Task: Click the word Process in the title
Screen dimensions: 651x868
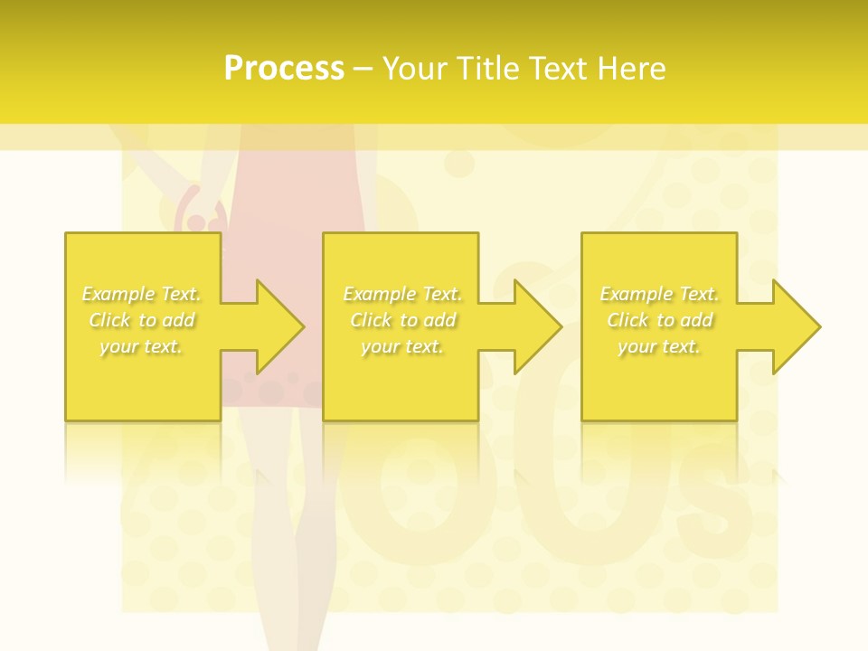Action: pyautogui.click(x=284, y=69)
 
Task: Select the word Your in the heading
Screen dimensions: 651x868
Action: pyautogui.click(x=412, y=69)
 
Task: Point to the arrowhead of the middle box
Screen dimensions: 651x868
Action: pyautogui.click(x=537, y=326)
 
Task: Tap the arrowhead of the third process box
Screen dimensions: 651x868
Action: pyautogui.click(x=796, y=326)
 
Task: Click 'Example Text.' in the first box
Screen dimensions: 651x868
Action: pyautogui.click(x=141, y=294)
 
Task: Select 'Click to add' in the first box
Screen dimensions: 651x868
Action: pyautogui.click(x=141, y=320)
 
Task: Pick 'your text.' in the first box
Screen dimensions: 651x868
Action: pyautogui.click(x=141, y=346)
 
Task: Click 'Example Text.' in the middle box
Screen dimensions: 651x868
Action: pyautogui.click(x=401, y=294)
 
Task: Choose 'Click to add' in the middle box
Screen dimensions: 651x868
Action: pyautogui.click(x=401, y=320)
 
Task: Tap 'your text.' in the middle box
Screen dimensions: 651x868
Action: pyautogui.click(x=401, y=346)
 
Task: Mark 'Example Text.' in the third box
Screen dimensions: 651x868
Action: pyautogui.click(x=659, y=294)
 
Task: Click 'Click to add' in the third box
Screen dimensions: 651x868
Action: pyautogui.click(x=659, y=320)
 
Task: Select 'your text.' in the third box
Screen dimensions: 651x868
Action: pyautogui.click(x=659, y=346)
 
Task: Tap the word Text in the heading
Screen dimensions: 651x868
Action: pyautogui.click(x=554, y=69)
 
